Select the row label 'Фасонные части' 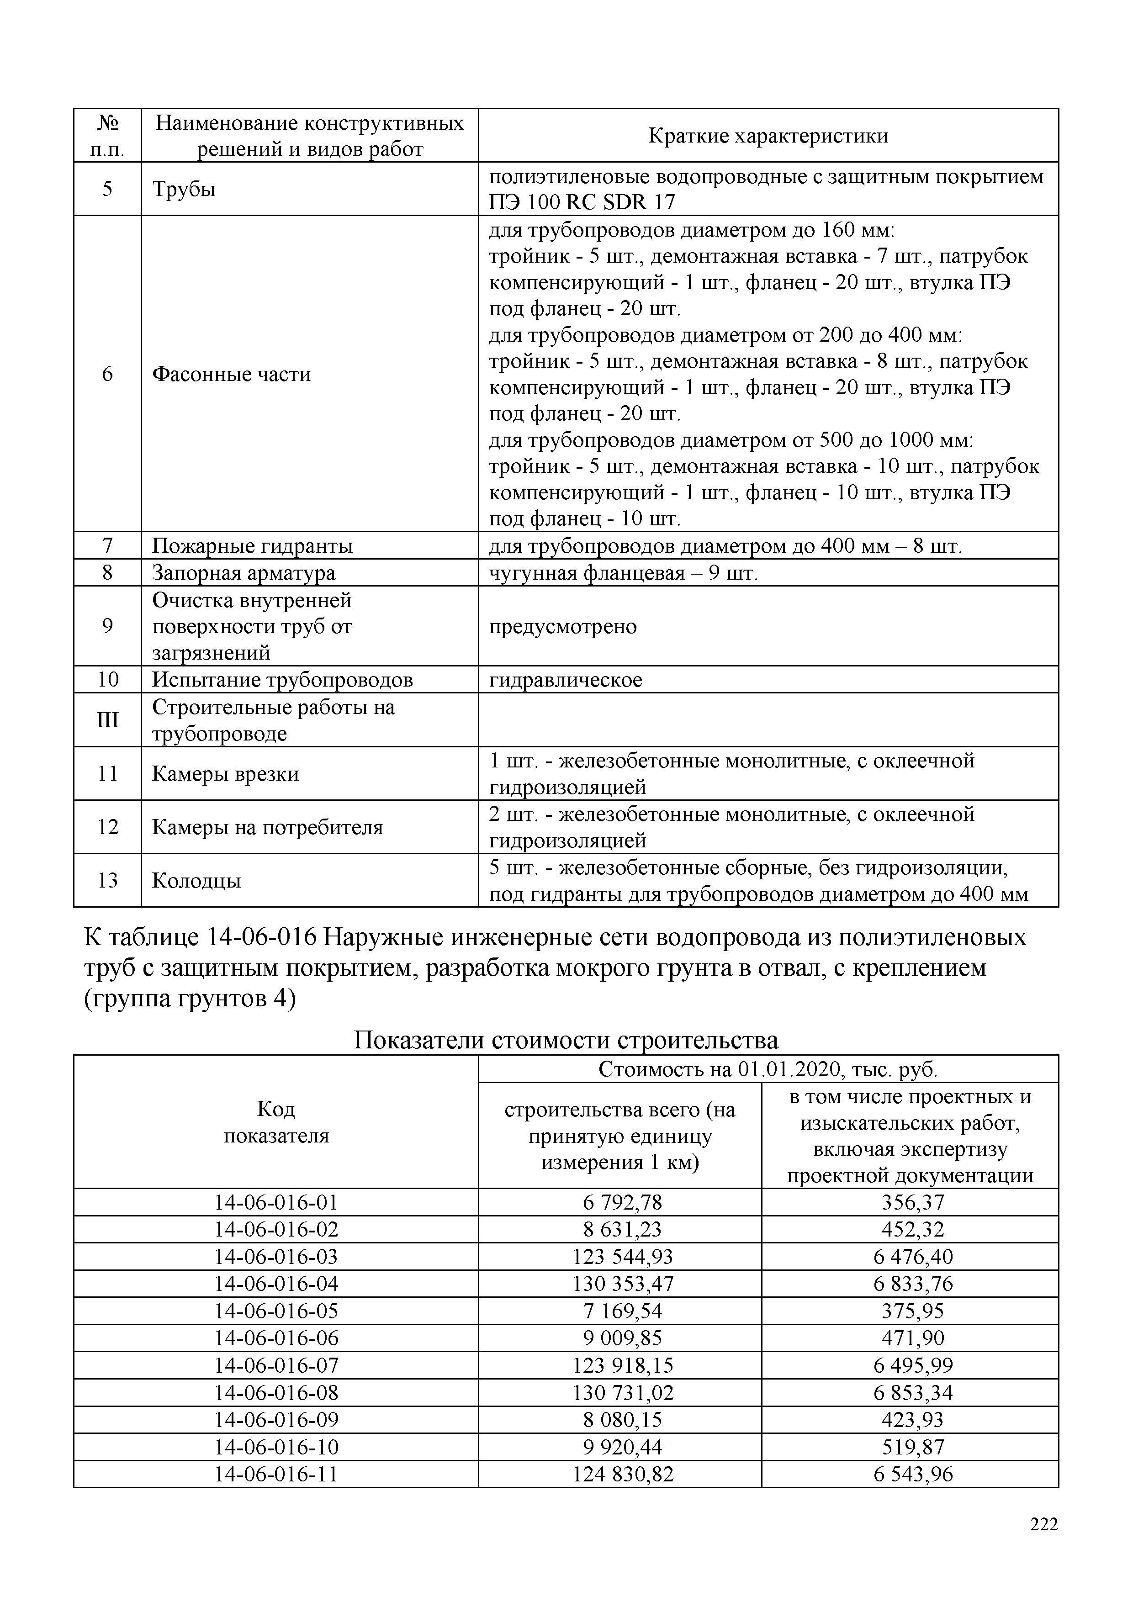pyautogui.click(x=232, y=374)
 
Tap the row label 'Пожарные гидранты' pyautogui.click(x=253, y=545)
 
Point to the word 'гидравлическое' pyautogui.click(x=565, y=680)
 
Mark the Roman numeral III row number pyautogui.click(x=107, y=719)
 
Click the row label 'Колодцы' pyautogui.click(x=197, y=881)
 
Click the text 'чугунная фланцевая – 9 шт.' pyautogui.click(x=623, y=573)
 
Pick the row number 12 pyautogui.click(x=107, y=827)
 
